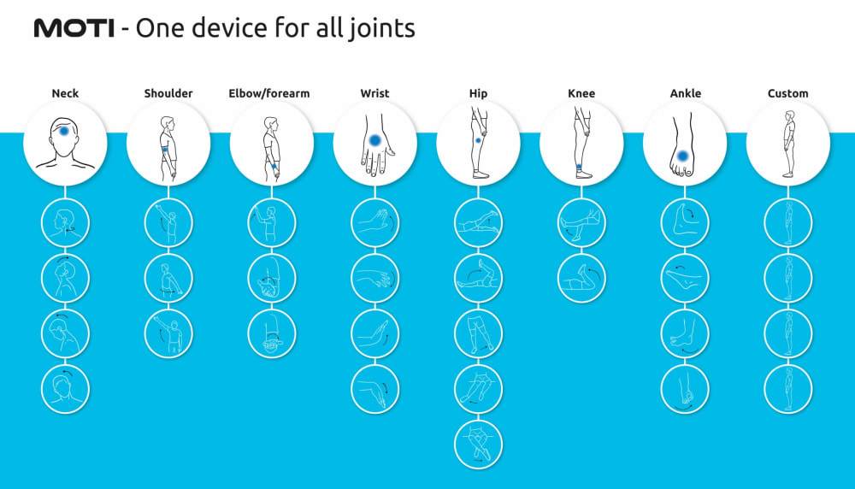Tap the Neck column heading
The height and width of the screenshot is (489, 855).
[65, 93]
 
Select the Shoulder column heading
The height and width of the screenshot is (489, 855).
[168, 93]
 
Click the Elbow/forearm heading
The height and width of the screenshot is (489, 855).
[269, 93]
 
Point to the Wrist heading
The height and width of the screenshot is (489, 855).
[374, 93]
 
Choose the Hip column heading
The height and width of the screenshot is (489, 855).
[478, 93]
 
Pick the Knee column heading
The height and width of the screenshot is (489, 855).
[581, 93]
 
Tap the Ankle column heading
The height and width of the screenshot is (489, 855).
[685, 93]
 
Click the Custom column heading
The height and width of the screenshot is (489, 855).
[787, 93]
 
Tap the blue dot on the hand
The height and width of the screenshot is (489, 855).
[374, 140]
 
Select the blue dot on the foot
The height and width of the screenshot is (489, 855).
[683, 156]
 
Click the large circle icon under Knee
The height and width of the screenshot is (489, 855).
[581, 144]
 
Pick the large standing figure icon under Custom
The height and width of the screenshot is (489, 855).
[787, 144]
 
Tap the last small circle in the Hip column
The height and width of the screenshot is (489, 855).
[478, 445]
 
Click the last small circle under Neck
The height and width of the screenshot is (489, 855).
[65, 389]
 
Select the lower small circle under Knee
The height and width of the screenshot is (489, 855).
[581, 278]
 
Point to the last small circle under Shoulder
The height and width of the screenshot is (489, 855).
[168, 333]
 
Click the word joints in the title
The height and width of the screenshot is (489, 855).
[382, 29]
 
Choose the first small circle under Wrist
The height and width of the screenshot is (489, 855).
[374, 222]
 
